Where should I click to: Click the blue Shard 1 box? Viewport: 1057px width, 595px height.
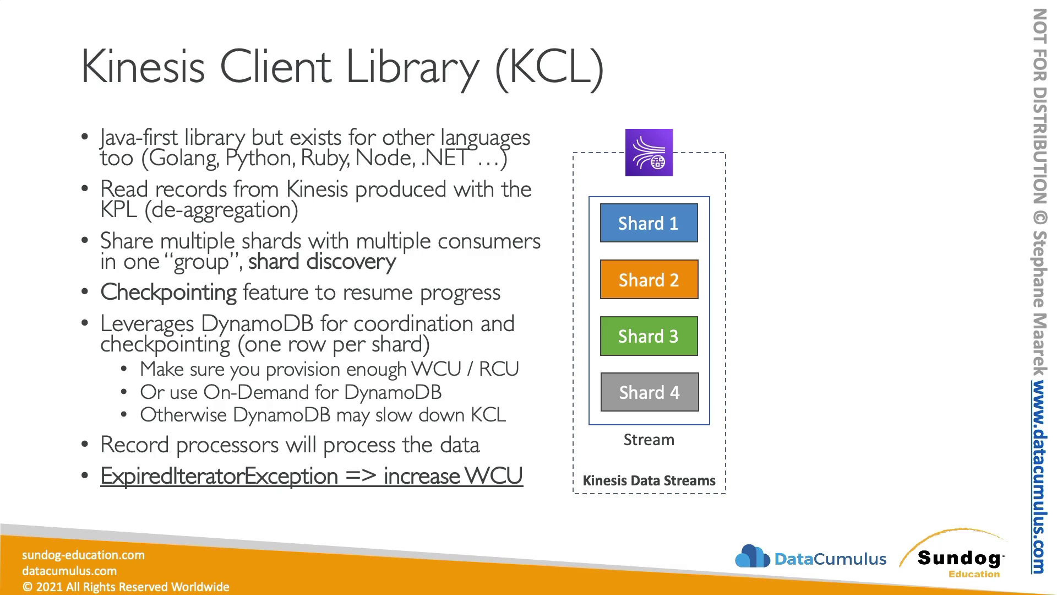[x=649, y=223]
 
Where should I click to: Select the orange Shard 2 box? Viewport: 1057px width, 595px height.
[x=649, y=280]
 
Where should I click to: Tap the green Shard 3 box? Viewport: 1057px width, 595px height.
[x=649, y=336]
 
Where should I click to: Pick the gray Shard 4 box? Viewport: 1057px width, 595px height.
[x=650, y=392]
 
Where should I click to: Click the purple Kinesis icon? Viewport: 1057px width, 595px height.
[x=649, y=153]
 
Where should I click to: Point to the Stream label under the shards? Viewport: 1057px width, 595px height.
[x=649, y=440]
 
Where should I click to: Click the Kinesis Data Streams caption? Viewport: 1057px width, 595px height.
[x=649, y=480]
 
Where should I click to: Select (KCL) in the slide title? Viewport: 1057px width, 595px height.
[x=549, y=67]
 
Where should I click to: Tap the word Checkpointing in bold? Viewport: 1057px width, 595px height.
[x=168, y=293]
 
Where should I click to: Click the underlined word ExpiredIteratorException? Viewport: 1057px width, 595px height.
[x=219, y=476]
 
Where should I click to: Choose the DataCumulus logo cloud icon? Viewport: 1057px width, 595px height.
[x=753, y=556]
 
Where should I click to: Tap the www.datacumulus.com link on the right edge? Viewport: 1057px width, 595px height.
[x=1039, y=477]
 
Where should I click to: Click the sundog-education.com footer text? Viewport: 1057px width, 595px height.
[x=83, y=555]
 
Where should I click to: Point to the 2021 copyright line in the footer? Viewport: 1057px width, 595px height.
[x=126, y=587]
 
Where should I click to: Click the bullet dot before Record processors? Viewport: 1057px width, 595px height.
[x=85, y=444]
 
